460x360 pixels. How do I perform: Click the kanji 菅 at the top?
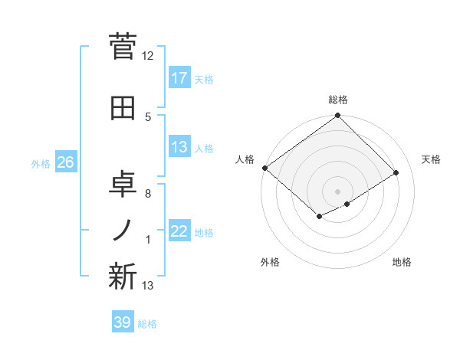coord(123,47)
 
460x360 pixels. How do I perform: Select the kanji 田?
coord(123,108)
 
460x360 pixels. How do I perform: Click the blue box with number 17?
coord(179,77)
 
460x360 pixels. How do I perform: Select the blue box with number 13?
coord(179,147)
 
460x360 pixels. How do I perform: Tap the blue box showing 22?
coord(179,231)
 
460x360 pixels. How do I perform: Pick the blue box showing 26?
coord(65,162)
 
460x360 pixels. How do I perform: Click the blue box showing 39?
coord(122,322)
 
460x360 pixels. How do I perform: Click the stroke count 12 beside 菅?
coord(148,56)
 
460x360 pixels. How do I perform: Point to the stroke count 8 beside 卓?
coord(148,193)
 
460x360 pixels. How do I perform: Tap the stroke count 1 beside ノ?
coord(148,241)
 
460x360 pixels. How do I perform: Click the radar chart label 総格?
coord(337,100)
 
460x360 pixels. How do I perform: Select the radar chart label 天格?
coord(431,159)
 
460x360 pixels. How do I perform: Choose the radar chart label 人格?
coord(245,159)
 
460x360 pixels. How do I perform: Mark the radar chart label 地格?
coord(402,262)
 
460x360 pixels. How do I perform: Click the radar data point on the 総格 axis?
coord(337,116)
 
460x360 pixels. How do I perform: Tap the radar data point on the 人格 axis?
coord(264,168)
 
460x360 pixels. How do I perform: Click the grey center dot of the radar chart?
coord(337,191)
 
